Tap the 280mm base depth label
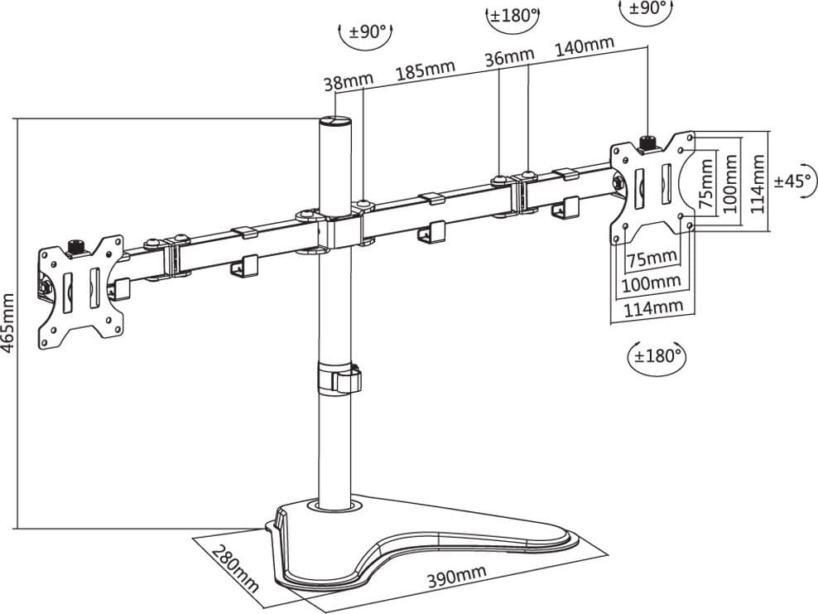tap(235, 568)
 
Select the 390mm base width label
tap(456, 575)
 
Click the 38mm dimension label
tap(349, 82)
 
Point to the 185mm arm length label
tap(426, 70)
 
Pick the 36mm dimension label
tap(509, 56)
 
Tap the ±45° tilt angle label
tap(792, 181)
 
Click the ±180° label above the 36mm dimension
tap(513, 15)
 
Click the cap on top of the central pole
tap(334, 121)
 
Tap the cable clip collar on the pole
tap(339, 376)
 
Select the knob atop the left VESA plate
tap(76, 247)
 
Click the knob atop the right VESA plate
tap(648, 142)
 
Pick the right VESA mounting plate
tap(653, 188)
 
